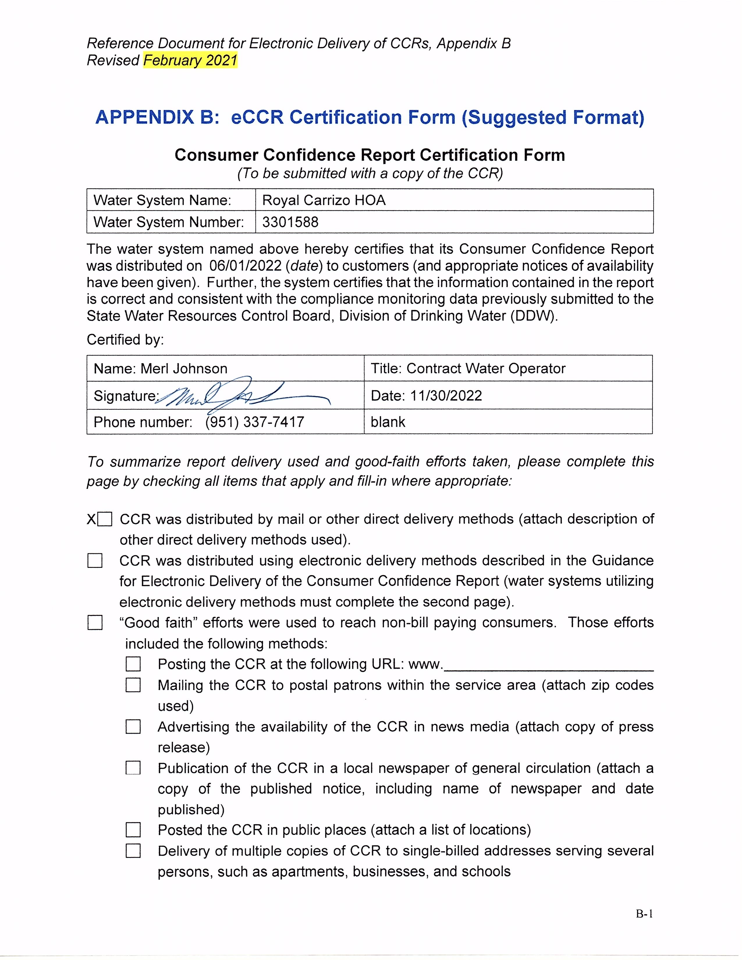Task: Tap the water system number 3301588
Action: [290, 222]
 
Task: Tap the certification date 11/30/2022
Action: [446, 396]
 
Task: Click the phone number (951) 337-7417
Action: [255, 422]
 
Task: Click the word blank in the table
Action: [388, 422]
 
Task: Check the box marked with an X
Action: [105, 519]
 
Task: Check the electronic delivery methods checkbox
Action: [95, 561]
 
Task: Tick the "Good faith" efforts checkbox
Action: [95, 623]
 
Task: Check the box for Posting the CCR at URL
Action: [133, 664]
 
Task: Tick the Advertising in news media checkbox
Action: [133, 727]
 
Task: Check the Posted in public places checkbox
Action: [133, 830]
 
